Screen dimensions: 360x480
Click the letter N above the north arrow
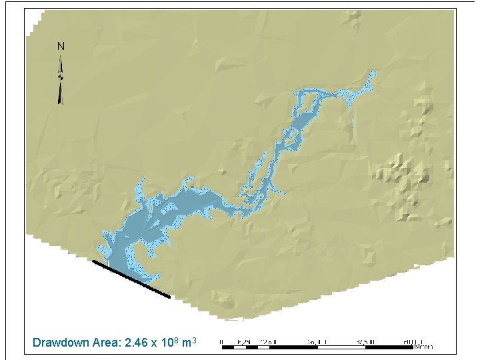click(61, 46)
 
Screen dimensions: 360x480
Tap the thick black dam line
click(131, 279)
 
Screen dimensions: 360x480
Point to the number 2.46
click(135, 343)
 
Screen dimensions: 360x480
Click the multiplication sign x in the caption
click(154, 343)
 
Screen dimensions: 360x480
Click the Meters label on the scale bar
click(423, 347)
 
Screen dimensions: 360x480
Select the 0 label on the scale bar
click(222, 341)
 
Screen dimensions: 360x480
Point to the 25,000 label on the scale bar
click(313, 341)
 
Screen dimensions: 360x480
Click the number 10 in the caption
click(166, 343)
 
